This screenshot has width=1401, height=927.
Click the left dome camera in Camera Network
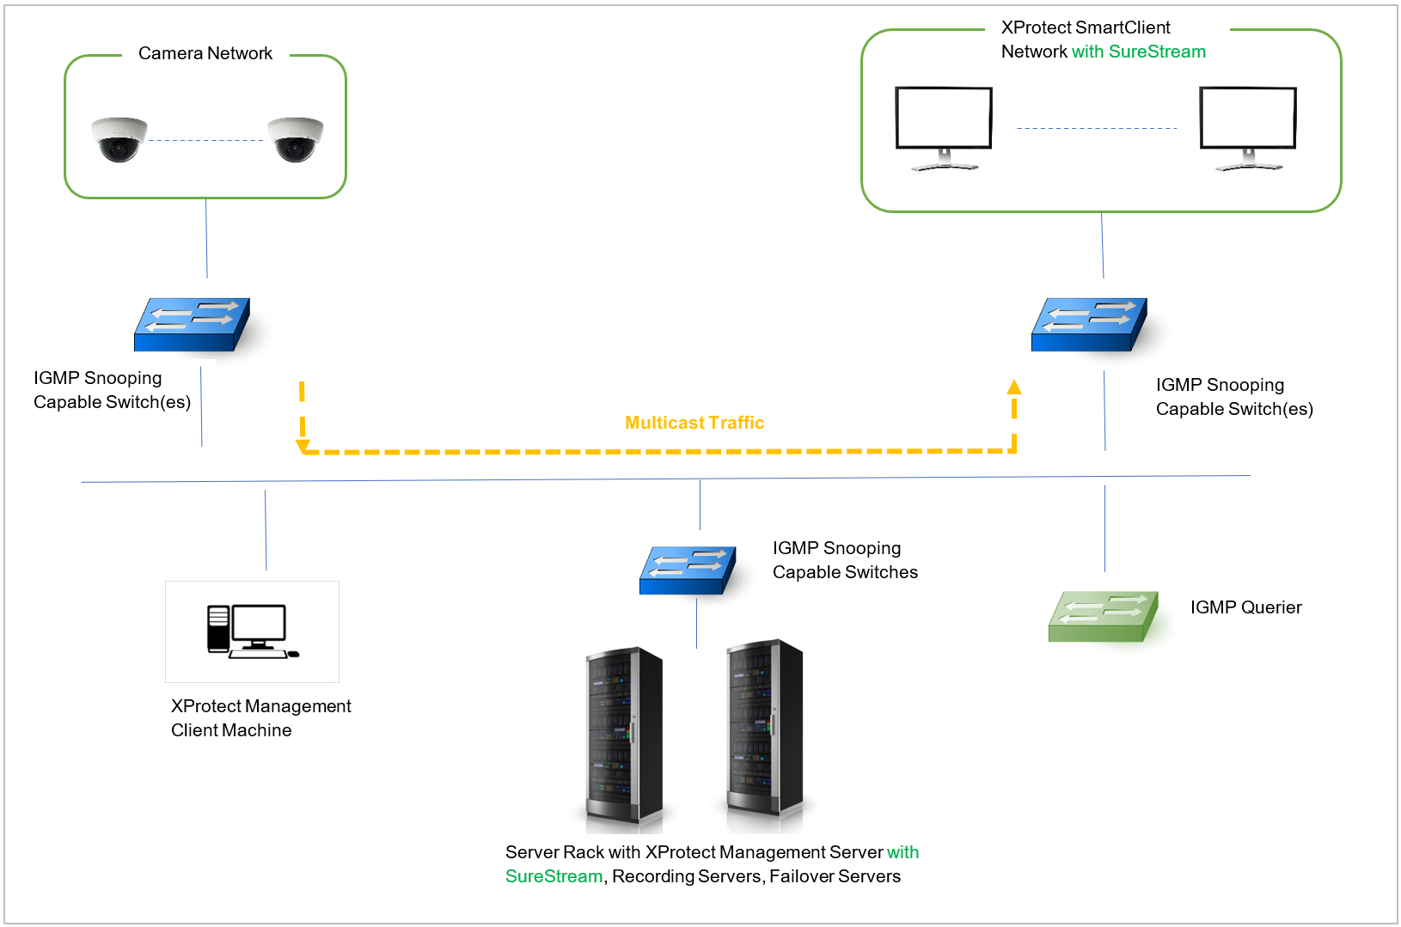pyautogui.click(x=119, y=139)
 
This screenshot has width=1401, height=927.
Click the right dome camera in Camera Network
pyautogui.click(x=296, y=139)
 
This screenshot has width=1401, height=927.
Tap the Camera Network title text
pyautogui.click(x=205, y=53)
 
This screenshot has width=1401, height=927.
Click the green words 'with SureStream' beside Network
pyautogui.click(x=1138, y=52)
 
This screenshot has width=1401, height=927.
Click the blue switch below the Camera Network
pyautogui.click(x=192, y=325)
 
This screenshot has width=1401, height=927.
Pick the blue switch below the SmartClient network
pyautogui.click(x=1089, y=325)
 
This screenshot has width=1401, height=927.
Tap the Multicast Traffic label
pyautogui.click(x=694, y=423)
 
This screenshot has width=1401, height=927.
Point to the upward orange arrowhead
pyautogui.click(x=1014, y=387)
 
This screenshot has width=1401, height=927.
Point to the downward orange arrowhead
pyautogui.click(x=303, y=446)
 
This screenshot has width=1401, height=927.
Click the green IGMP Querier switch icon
pyautogui.click(x=1104, y=616)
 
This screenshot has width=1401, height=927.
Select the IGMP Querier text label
pyautogui.click(x=1245, y=607)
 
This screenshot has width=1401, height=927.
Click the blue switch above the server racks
pyautogui.click(x=688, y=570)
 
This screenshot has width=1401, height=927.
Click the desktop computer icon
pyautogui.click(x=252, y=631)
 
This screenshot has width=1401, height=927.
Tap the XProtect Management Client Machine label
pyautogui.click(x=260, y=718)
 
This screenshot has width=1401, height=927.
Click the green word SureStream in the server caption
pyautogui.click(x=554, y=876)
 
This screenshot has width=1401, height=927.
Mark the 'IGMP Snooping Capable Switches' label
pyautogui.click(x=845, y=560)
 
